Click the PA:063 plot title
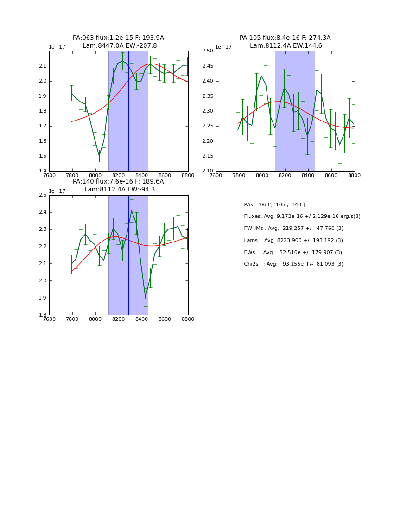pos(118,42)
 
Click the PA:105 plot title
pos(285,42)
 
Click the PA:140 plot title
pos(118,185)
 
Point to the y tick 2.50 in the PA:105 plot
pos(207,51)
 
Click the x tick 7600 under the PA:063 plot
pos(49,176)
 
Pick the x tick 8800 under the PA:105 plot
pos(355,176)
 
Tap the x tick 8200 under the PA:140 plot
pos(119,319)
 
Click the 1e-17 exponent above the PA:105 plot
pos(223,47)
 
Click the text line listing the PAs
pos(274,204)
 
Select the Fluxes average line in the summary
pos(302,217)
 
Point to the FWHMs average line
pos(293,228)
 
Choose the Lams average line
pos(293,240)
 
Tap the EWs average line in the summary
pos(293,252)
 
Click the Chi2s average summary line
pos(293,264)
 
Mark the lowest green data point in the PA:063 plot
pos(99,156)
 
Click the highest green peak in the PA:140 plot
pos(132,211)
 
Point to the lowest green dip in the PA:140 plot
pos(146,297)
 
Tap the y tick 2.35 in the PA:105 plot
pos(207,96)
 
